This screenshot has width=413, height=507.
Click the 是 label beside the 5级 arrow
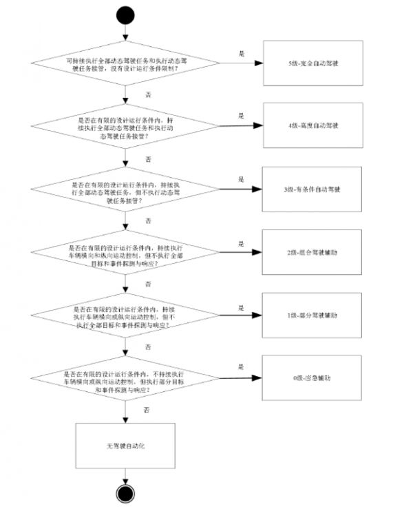coord(242,54)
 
